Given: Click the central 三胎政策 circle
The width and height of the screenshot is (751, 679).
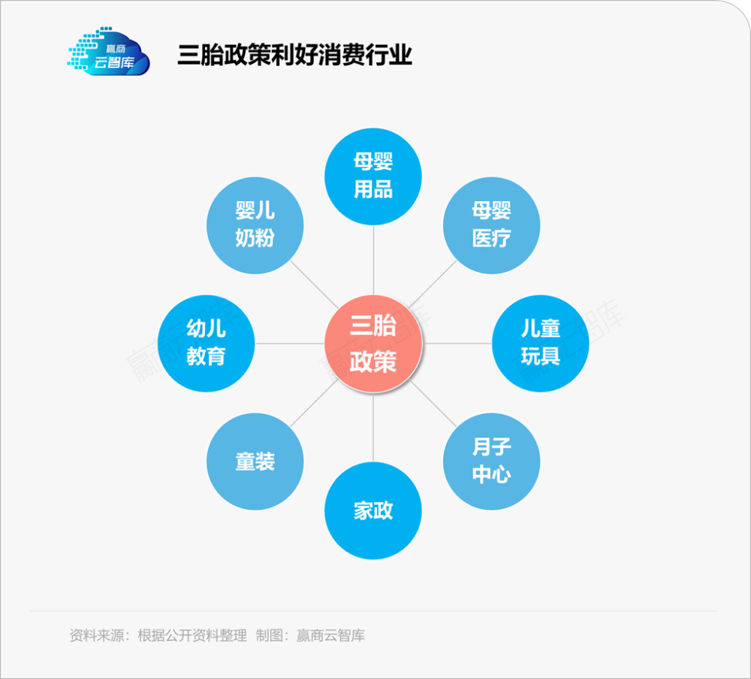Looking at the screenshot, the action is point(373,344).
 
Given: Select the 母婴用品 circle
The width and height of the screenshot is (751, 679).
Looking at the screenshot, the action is point(373,176).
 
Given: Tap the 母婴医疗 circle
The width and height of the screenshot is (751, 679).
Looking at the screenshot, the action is point(491,225).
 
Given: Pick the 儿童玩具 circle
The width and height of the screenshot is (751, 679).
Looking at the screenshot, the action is point(540,344).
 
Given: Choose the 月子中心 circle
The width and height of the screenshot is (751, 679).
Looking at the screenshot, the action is point(491,461).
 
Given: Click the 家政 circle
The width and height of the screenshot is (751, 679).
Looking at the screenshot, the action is point(373,511).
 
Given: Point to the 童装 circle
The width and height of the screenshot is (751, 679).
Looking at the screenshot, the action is point(255,461).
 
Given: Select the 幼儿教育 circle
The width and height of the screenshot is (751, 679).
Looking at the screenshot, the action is point(206,344).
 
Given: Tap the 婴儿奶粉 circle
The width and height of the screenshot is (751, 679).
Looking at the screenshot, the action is point(255,225).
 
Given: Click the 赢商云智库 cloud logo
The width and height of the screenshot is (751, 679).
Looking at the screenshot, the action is point(108,52).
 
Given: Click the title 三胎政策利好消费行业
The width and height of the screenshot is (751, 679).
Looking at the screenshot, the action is point(294,55).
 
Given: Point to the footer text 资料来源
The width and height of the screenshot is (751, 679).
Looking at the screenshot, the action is point(97,635).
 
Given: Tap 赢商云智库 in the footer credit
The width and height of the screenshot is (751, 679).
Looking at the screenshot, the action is point(330,635).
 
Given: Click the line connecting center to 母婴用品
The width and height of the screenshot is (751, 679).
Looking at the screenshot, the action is point(373,260).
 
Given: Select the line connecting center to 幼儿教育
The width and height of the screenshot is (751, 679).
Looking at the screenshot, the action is point(290,344).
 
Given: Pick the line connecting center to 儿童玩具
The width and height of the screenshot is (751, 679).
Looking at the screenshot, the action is point(457,344).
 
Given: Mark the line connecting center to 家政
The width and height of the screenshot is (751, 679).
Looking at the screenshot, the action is point(373,428).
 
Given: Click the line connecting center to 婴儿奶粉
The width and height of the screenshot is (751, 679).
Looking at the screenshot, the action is point(314,284).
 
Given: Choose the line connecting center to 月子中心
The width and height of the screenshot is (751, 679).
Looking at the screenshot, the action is point(433,403).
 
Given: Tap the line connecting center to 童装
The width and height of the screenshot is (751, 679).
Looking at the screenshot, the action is point(314,402).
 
